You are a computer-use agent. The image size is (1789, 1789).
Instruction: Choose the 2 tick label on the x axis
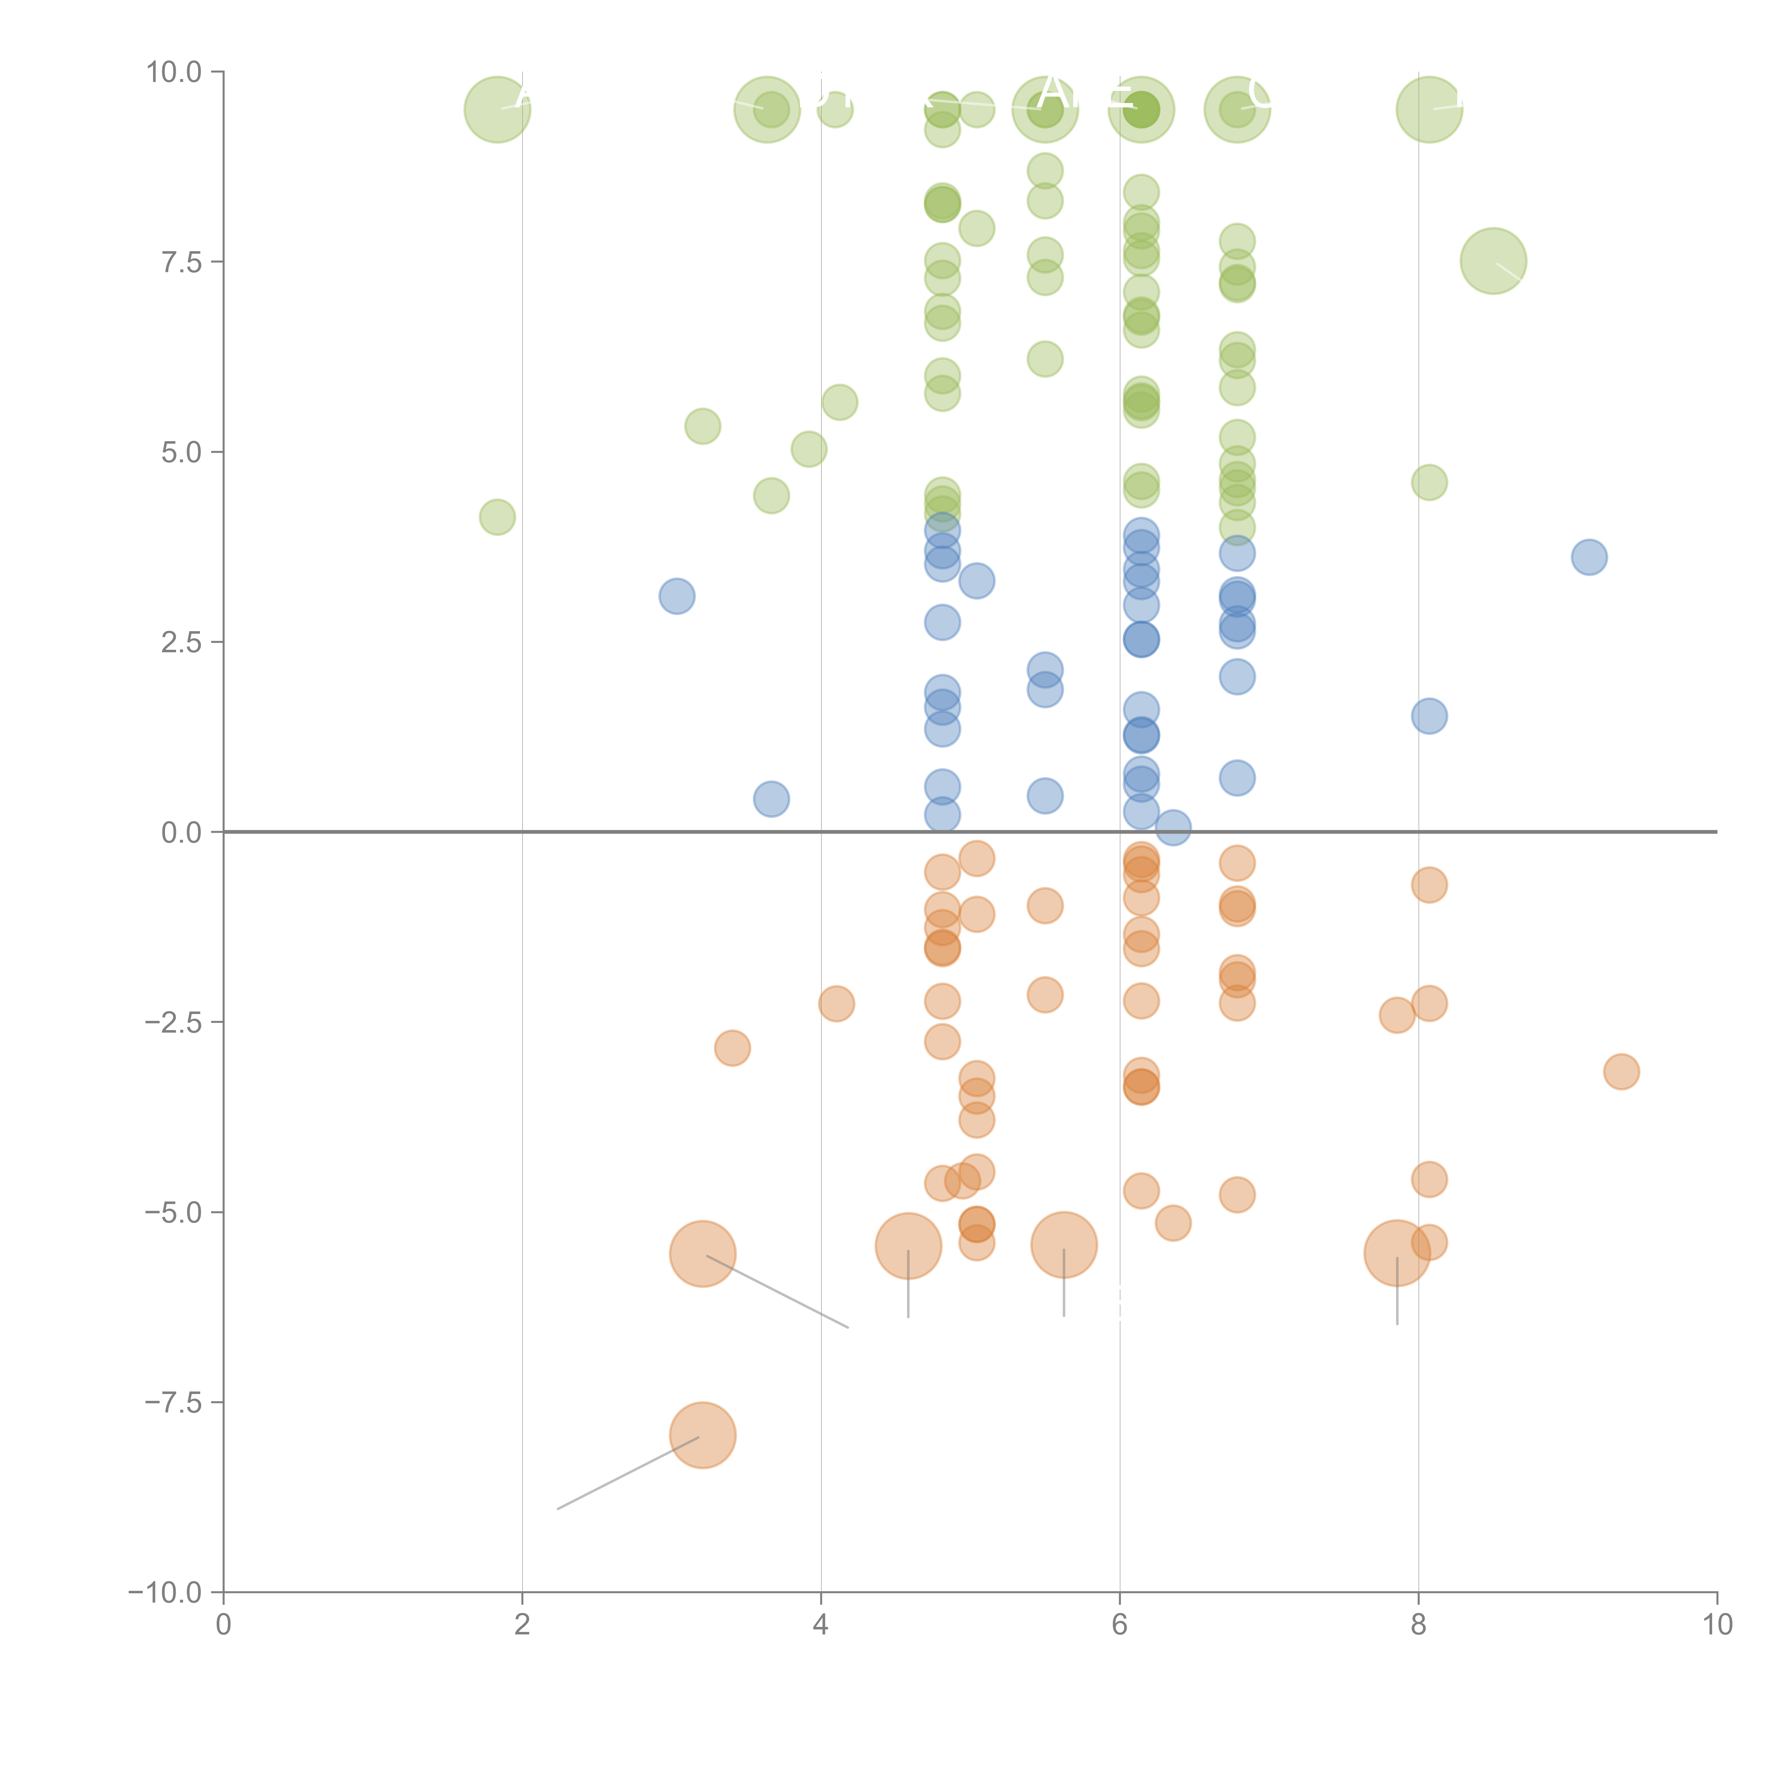coord(522,1625)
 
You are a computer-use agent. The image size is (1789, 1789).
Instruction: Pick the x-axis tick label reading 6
coord(1120,1625)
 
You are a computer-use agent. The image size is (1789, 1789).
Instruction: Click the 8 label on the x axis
coord(1419,1625)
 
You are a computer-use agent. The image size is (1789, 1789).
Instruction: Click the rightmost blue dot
coord(1589,557)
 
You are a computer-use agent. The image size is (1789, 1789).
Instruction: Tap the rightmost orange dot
coord(1622,1072)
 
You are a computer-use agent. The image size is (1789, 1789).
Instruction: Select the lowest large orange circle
coord(703,1435)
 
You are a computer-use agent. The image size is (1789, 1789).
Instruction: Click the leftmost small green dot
coord(497,517)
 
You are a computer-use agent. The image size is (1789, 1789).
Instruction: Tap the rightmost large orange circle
coord(1397,1254)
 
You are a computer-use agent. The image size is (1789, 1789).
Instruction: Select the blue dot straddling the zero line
coord(1173,828)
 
